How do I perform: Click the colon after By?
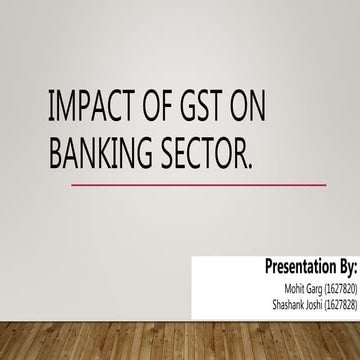[x=355, y=268]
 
